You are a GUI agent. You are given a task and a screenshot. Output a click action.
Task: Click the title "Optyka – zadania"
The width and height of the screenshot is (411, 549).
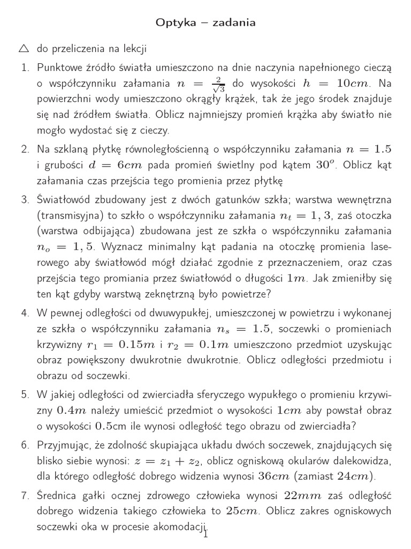tap(205, 23)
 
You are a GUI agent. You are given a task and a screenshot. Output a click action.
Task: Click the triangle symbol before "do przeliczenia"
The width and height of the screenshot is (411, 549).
tap(24, 49)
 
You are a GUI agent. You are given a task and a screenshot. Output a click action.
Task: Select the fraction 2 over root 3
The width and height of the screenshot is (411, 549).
tap(218, 84)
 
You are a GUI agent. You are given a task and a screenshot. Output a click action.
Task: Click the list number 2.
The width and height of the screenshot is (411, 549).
tap(25, 150)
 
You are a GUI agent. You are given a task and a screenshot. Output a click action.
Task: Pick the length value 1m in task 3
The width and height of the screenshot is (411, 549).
tap(296, 278)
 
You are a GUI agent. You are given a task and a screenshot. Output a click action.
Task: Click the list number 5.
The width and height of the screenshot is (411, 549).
tap(25, 395)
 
